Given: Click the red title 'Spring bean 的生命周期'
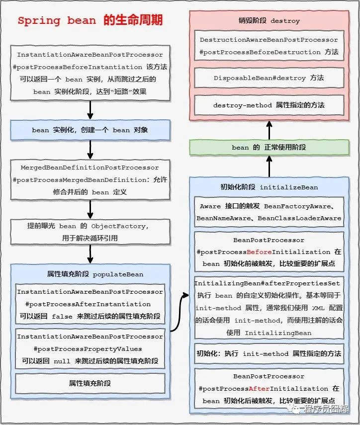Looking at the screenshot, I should click(x=90, y=21).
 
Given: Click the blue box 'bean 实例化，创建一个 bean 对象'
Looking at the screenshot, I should click(x=90, y=130).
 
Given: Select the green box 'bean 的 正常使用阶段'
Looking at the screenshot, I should click(x=269, y=148).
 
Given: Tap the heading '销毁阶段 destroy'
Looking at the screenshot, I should click(x=269, y=21).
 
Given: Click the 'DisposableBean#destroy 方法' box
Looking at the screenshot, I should click(x=269, y=78).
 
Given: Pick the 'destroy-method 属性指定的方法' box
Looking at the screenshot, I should click(x=269, y=105).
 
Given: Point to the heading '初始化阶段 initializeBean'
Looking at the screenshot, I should click(x=269, y=187).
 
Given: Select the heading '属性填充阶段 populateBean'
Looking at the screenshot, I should click(x=90, y=274).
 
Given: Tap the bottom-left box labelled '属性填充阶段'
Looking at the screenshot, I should click(x=90, y=383).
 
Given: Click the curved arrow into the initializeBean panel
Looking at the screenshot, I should click(x=180, y=313).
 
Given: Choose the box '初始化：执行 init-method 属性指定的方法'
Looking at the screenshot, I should click(x=269, y=353).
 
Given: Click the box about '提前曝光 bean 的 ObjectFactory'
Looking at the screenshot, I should click(x=90, y=232).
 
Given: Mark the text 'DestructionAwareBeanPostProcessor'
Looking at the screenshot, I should click(x=269, y=40).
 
